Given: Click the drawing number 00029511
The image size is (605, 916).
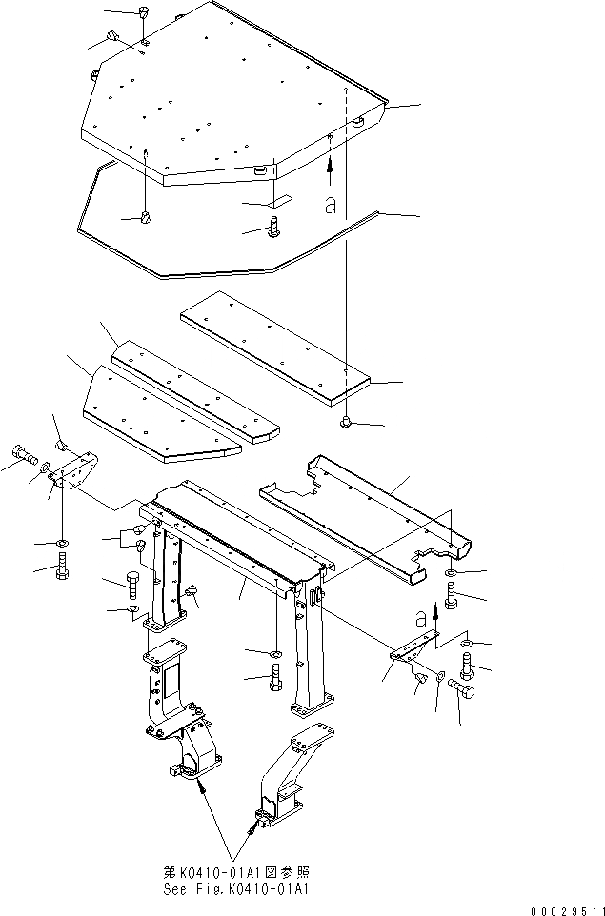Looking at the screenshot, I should [561, 909].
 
